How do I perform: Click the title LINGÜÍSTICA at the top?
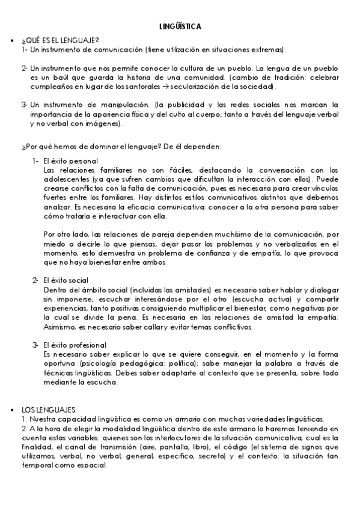[180, 27]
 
